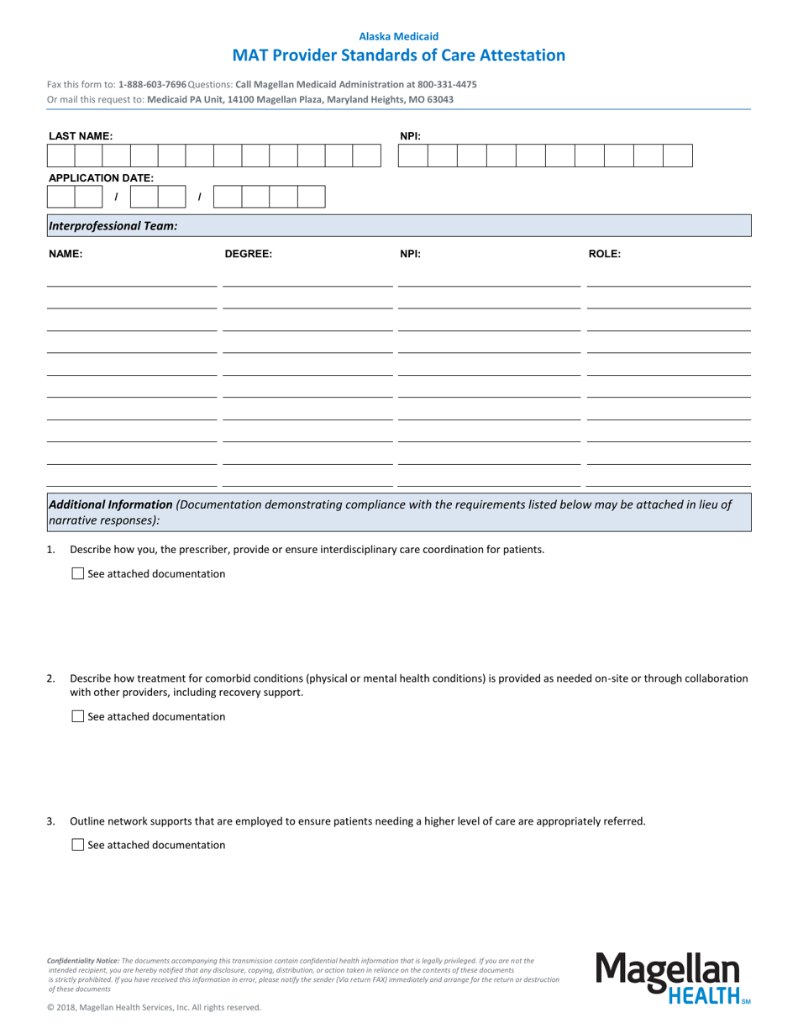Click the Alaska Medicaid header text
399,36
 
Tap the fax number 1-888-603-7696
153,85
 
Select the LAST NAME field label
81,136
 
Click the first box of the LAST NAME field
60,156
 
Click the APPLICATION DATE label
101,178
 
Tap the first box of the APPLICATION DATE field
60,198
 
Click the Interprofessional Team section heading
113,226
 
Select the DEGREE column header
248,253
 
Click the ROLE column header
604,253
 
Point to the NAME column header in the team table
66,253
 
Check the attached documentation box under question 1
78,574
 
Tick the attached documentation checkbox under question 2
78,717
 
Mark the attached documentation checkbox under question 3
78,845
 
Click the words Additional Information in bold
111,505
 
